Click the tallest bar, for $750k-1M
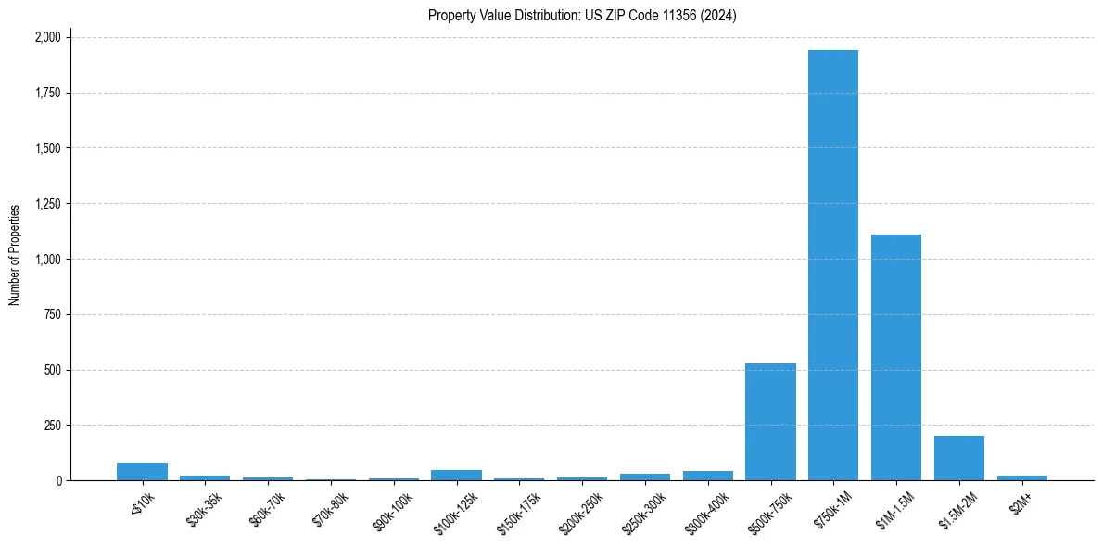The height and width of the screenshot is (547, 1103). click(x=833, y=265)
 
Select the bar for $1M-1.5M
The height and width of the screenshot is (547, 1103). click(x=896, y=357)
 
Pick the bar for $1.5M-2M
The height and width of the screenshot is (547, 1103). click(x=959, y=458)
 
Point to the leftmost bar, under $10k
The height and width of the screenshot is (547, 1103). click(x=142, y=471)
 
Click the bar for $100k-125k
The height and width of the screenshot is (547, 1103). click(x=456, y=475)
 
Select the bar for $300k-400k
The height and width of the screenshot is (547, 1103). click(x=708, y=476)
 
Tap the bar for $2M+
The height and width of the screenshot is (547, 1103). click(x=1022, y=477)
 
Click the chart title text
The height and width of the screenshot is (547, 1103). click(x=582, y=16)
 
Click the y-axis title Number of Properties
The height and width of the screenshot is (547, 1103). click(x=15, y=255)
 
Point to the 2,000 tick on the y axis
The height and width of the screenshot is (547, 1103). click(x=47, y=37)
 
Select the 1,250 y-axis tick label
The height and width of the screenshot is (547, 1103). click(x=47, y=204)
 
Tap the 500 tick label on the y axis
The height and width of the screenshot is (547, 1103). click(x=53, y=370)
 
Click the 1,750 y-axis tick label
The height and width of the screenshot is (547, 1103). click(x=47, y=93)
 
